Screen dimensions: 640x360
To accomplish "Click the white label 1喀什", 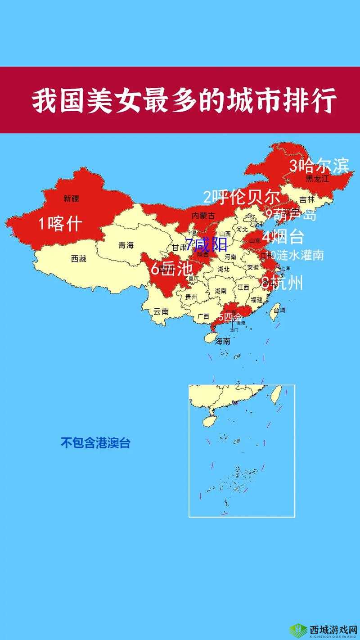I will pyautogui.click(x=59, y=223).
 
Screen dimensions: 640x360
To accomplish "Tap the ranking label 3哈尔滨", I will pyautogui.click(x=319, y=166).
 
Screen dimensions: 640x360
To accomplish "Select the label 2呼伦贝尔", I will pyautogui.click(x=241, y=197).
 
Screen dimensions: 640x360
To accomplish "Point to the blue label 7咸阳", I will pyautogui.click(x=207, y=245).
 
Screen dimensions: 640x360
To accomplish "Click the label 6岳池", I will pyautogui.click(x=171, y=269).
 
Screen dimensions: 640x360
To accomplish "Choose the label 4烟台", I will pyautogui.click(x=283, y=236).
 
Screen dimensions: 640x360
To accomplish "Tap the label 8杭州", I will pyautogui.click(x=282, y=283).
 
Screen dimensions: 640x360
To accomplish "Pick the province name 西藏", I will pyautogui.click(x=78, y=259).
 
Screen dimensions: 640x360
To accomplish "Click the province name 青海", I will pyautogui.click(x=126, y=245).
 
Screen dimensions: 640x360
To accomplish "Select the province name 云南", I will pyautogui.click(x=161, y=311).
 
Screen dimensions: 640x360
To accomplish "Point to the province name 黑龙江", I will pyautogui.click(x=318, y=179).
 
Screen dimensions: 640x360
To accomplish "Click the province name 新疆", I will pyautogui.click(x=71, y=198).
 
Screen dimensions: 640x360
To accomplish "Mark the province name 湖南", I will pyautogui.click(x=220, y=291).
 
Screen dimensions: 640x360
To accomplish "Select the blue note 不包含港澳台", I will pyautogui.click(x=95, y=443).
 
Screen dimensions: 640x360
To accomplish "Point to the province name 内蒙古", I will pyautogui.click(x=203, y=216).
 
